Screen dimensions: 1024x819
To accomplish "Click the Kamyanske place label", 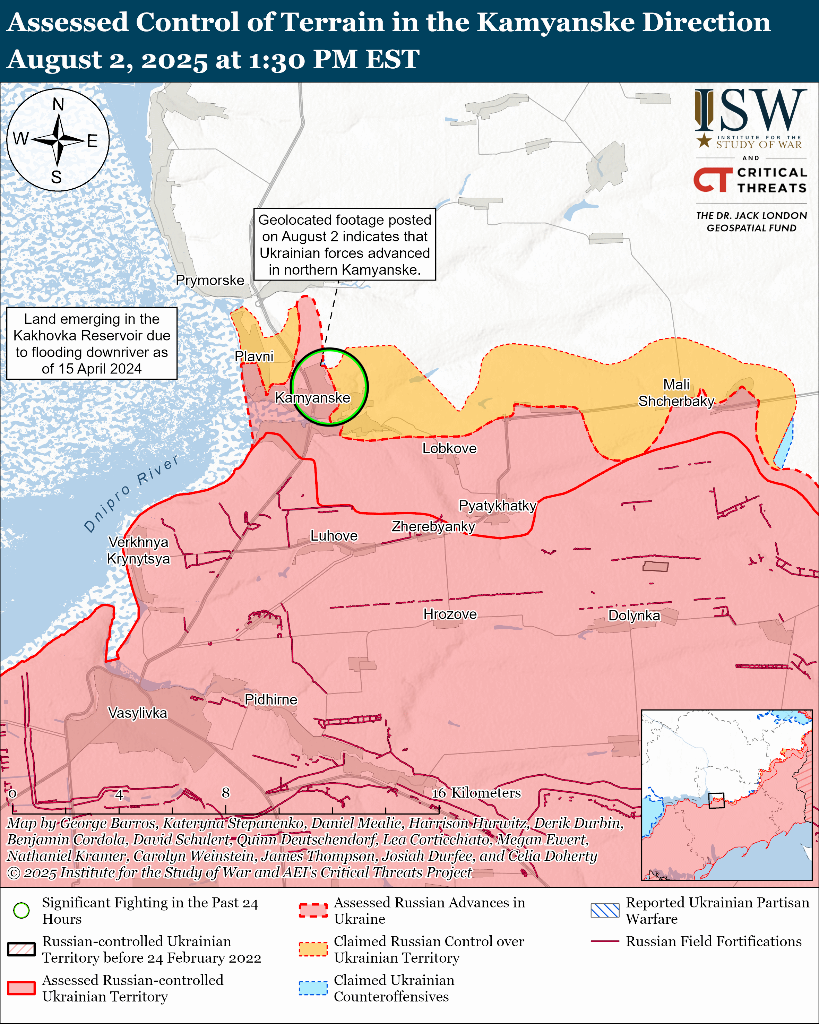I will (x=312, y=397).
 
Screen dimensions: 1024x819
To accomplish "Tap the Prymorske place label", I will (x=210, y=280).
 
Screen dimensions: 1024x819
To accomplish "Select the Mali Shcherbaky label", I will (x=676, y=393).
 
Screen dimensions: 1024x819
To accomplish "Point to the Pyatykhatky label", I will (x=497, y=505).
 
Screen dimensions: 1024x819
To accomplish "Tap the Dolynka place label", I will (x=634, y=616).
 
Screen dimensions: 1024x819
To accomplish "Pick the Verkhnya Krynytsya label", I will (x=138, y=550).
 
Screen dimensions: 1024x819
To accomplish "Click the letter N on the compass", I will (x=58, y=104).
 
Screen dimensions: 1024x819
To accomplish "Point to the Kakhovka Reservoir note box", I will (x=92, y=343).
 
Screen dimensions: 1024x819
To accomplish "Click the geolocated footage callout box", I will (x=344, y=244).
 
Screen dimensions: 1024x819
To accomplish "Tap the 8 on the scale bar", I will (x=225, y=792).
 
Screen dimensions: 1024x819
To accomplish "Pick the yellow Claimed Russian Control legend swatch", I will (x=313, y=949).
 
